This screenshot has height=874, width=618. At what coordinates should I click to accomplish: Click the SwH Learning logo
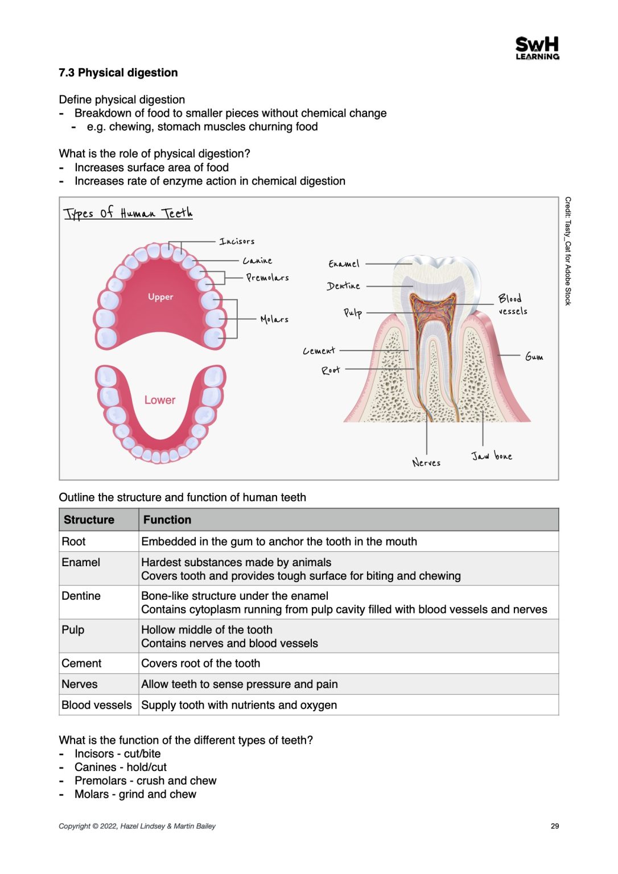(x=537, y=48)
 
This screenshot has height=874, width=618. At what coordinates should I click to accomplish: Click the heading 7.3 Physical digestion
(x=118, y=73)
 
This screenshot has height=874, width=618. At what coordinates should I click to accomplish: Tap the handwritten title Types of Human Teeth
(x=128, y=213)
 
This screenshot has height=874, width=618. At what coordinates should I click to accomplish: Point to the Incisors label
(x=237, y=241)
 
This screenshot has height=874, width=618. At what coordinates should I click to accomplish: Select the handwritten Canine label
(x=257, y=261)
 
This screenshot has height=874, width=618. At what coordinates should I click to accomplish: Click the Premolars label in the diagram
(x=267, y=278)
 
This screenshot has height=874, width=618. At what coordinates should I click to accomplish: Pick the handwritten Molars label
(x=274, y=319)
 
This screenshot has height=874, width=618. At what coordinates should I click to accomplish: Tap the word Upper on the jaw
(x=160, y=297)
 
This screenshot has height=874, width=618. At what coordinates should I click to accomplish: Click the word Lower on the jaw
(x=160, y=400)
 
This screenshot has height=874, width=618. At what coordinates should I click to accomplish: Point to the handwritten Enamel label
(x=344, y=264)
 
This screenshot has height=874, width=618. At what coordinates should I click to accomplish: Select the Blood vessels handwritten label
(x=512, y=304)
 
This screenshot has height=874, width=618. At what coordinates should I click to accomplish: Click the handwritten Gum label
(x=534, y=357)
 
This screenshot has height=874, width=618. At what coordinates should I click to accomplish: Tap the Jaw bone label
(x=492, y=456)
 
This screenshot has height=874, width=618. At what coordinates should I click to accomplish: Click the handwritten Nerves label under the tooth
(x=426, y=463)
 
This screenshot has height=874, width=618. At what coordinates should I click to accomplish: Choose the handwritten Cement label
(x=319, y=351)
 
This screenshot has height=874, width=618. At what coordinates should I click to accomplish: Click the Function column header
(x=167, y=520)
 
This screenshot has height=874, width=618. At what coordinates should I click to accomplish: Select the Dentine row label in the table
(x=81, y=596)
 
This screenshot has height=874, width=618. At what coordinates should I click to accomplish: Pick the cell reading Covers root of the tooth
(x=201, y=663)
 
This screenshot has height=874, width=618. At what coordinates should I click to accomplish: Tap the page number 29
(x=555, y=826)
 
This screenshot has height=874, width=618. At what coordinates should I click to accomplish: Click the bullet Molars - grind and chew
(x=135, y=794)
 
